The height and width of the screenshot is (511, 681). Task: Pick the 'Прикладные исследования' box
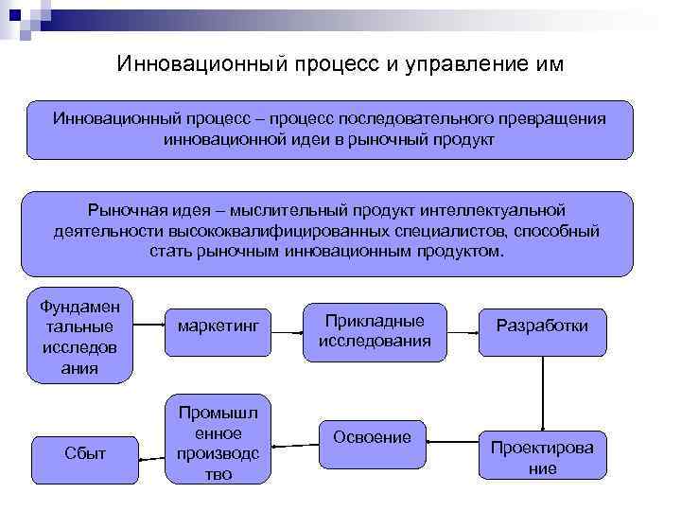coord(375,331)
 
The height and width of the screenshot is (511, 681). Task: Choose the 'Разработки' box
coord(542,326)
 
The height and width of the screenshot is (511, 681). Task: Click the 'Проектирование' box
coord(542,457)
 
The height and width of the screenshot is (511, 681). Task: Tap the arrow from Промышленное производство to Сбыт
coord(151,457)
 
